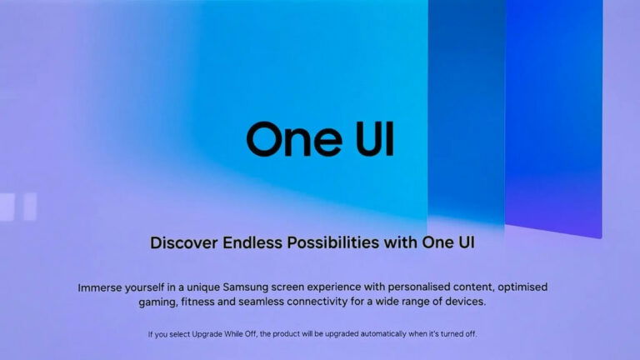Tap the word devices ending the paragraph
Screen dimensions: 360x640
[461, 302]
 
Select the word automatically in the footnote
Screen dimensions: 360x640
[412, 334]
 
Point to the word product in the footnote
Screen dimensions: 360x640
[322, 334]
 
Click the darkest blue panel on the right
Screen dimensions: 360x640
[553, 117]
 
